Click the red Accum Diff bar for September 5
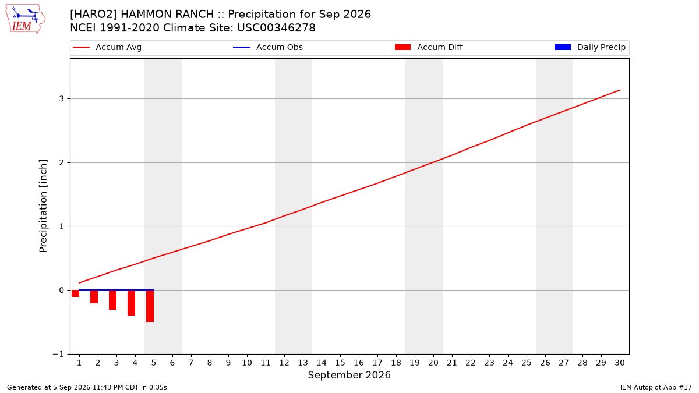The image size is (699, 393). click(x=150, y=306)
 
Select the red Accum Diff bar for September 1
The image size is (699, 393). click(x=76, y=293)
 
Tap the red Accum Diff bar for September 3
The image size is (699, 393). click(x=112, y=300)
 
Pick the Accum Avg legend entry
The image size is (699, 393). click(x=107, y=47)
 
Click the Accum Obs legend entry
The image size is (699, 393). click(x=268, y=47)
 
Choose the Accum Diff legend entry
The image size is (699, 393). click(x=429, y=47)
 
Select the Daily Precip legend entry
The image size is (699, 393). click(x=589, y=47)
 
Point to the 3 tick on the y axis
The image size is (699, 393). click(x=62, y=98)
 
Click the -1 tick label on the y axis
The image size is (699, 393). click(x=58, y=354)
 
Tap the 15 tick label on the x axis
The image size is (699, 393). click(x=340, y=363)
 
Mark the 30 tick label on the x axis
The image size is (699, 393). click(x=620, y=363)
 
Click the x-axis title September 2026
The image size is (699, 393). click(x=349, y=375)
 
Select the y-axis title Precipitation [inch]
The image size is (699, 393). click(x=43, y=206)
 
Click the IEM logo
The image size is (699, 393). click(x=26, y=19)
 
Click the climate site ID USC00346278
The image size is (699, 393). click(x=276, y=28)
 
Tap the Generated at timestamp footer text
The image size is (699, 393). click(x=87, y=387)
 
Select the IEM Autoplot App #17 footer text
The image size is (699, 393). click(x=656, y=387)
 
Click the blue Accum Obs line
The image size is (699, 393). click(x=116, y=290)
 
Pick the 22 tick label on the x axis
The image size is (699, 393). click(x=471, y=363)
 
